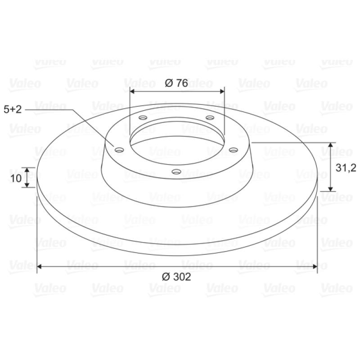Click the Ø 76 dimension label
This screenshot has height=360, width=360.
click(176, 83)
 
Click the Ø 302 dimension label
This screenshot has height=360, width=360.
click(176, 277)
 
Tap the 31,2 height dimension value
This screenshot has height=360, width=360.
click(346, 168)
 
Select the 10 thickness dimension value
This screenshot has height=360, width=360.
click(16, 178)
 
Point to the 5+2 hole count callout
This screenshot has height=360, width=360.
click(13, 109)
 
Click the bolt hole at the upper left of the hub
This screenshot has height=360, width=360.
click(143, 118)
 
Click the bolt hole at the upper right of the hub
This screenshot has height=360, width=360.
click(210, 118)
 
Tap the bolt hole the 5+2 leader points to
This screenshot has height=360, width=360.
click(119, 150)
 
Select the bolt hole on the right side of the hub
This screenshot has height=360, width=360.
click(234, 150)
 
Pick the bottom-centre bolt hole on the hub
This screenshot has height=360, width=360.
click(176, 171)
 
